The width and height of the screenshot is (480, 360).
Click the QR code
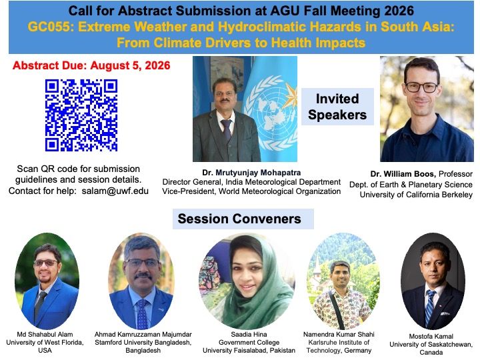(81, 115)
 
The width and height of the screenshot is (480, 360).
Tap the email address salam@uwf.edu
(115, 191)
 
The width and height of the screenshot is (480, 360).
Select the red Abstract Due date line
(91, 65)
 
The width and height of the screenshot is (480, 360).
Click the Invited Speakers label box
(337, 107)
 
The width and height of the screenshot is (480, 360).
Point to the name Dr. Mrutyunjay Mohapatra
(251, 173)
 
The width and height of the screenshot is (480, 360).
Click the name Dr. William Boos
(403, 174)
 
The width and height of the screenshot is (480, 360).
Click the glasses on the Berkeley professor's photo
(422, 87)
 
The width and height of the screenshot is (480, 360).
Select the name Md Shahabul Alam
(45, 334)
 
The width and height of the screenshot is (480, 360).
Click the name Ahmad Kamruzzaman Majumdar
(143, 334)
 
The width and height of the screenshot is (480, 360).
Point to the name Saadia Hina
(249, 334)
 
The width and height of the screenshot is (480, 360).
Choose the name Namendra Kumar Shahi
(339, 334)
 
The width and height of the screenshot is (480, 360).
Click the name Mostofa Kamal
(431, 336)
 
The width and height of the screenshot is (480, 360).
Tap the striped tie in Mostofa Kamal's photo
(430, 307)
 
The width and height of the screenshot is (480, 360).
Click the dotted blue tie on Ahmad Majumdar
(143, 314)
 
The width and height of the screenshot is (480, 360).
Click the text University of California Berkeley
(416, 195)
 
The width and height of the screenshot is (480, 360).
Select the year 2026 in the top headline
(399, 11)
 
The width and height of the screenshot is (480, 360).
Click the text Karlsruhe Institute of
(339, 342)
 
